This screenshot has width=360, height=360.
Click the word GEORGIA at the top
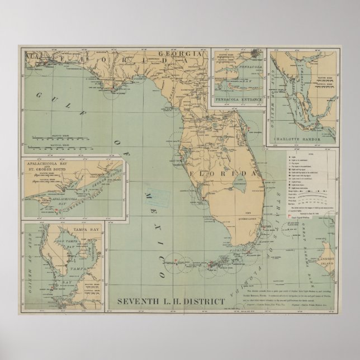click(x=175, y=54)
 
